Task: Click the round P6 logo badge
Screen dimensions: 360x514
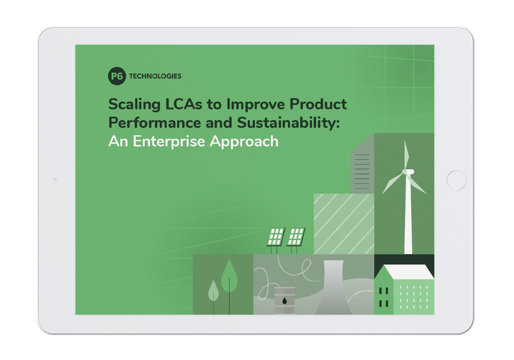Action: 117,76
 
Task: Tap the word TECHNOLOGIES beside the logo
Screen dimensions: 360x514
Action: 155,76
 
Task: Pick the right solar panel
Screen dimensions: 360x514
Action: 296,236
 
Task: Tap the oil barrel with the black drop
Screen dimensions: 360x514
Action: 284,300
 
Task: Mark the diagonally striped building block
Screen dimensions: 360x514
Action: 343,224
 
